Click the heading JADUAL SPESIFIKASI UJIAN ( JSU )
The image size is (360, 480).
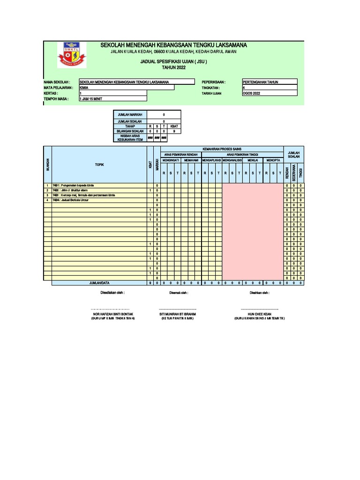tap(173, 61)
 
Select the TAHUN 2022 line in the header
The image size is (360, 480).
tap(173, 67)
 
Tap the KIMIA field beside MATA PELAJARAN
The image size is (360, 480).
tap(127, 88)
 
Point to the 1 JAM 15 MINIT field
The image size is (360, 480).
tap(112, 99)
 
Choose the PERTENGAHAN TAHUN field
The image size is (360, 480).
tap(270, 82)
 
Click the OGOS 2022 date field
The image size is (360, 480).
tap(270, 93)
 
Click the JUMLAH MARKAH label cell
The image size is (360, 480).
tap(130, 114)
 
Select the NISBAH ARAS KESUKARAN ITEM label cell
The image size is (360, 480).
tap(130, 138)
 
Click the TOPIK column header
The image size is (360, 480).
tap(99, 165)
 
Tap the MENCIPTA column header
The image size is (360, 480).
tap(273, 160)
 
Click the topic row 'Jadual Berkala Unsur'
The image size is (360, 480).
tap(75, 200)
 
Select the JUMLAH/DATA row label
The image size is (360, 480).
tap(99, 283)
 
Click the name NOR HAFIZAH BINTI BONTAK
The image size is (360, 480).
tap(113, 314)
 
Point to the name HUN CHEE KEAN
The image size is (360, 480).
tap(260, 314)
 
